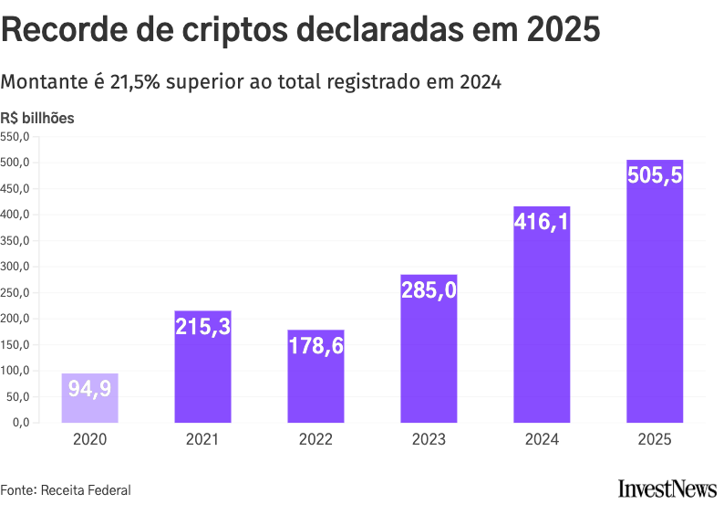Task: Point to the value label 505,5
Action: point(655,175)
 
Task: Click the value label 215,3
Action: point(202,326)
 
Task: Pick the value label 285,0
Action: point(429,289)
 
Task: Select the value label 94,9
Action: point(89,389)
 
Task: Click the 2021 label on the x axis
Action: point(202,439)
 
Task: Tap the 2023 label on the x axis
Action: point(429,439)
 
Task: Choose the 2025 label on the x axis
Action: point(655,439)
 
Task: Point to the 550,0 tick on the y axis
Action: point(16,137)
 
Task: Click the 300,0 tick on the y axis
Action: point(16,267)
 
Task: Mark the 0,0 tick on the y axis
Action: point(21,423)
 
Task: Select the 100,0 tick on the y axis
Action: point(16,371)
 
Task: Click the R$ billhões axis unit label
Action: point(37,118)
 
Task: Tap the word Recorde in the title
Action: point(61,30)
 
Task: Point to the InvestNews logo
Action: point(667,489)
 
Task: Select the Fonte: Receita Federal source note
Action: point(66,490)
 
